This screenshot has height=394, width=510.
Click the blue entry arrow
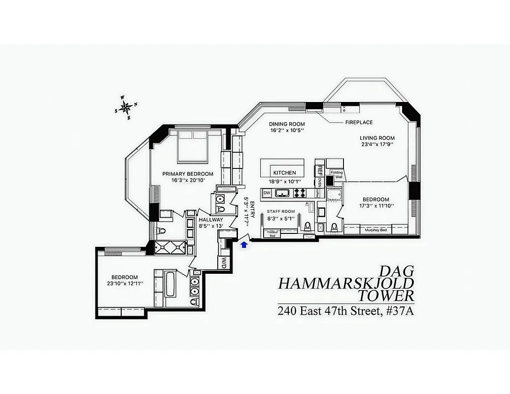point(243,244)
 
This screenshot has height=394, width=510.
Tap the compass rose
point(126,107)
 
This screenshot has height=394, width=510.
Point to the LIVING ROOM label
point(377,138)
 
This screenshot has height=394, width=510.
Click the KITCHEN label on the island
point(285,173)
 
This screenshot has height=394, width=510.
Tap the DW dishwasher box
point(267,193)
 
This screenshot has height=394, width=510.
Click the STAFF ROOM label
point(281,212)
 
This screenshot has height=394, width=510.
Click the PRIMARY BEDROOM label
point(188,174)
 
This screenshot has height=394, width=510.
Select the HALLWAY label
point(211,220)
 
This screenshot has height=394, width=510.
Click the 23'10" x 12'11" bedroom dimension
point(124,284)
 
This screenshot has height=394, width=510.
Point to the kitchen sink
point(283,193)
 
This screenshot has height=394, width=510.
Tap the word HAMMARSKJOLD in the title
point(346,284)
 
